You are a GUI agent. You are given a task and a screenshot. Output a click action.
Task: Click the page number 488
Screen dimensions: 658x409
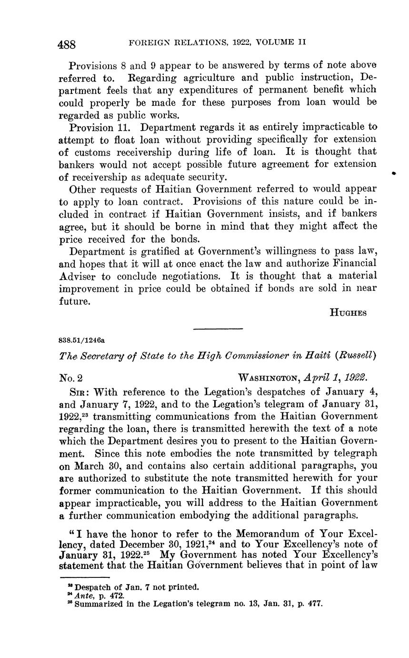[67, 45]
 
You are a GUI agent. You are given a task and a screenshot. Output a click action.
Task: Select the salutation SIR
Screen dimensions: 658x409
[79, 392]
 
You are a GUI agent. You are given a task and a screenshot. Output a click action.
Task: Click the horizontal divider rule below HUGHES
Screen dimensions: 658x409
[218, 329]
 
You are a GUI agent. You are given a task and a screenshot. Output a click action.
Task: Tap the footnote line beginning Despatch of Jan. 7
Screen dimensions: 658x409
[134, 587]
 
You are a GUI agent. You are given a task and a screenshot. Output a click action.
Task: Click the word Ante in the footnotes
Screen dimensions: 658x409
[83, 595]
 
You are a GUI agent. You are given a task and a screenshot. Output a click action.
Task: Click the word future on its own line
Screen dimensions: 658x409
[74, 301]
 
